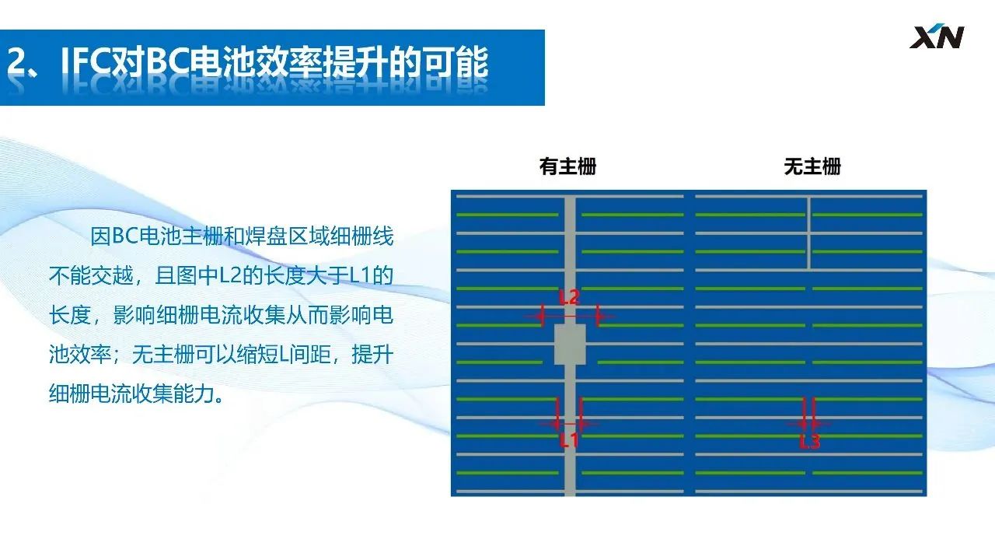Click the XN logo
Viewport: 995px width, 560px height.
937,37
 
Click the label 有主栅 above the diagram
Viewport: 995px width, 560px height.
567,166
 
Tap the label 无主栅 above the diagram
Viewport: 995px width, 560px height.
812,166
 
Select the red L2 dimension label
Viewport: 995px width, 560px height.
569,297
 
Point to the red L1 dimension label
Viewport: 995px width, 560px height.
569,440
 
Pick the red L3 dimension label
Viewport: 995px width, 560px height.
809,441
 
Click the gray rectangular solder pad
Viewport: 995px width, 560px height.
570,345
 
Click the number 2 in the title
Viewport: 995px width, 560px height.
17,61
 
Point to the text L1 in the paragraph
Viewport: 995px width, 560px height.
360,275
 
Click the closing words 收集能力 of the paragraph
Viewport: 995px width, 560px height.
173,394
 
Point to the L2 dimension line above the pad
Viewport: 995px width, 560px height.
570,317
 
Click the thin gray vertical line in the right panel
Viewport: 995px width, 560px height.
809,233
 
